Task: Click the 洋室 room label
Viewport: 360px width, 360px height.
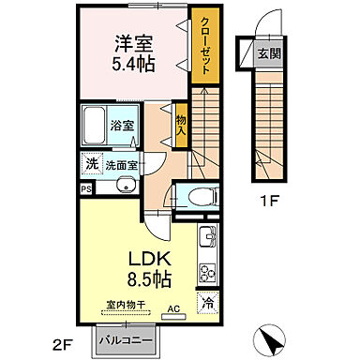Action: [135, 45]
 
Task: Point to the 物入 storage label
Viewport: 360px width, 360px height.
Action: [181, 124]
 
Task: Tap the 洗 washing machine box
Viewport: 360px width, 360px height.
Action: [91, 163]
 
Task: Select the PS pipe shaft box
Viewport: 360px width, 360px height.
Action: [86, 188]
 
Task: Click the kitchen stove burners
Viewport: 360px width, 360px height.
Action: [207, 274]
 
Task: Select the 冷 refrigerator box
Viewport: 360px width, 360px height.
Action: [207, 304]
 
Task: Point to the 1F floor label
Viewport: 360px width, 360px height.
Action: [269, 199]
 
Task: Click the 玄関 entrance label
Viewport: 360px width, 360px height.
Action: [268, 52]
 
